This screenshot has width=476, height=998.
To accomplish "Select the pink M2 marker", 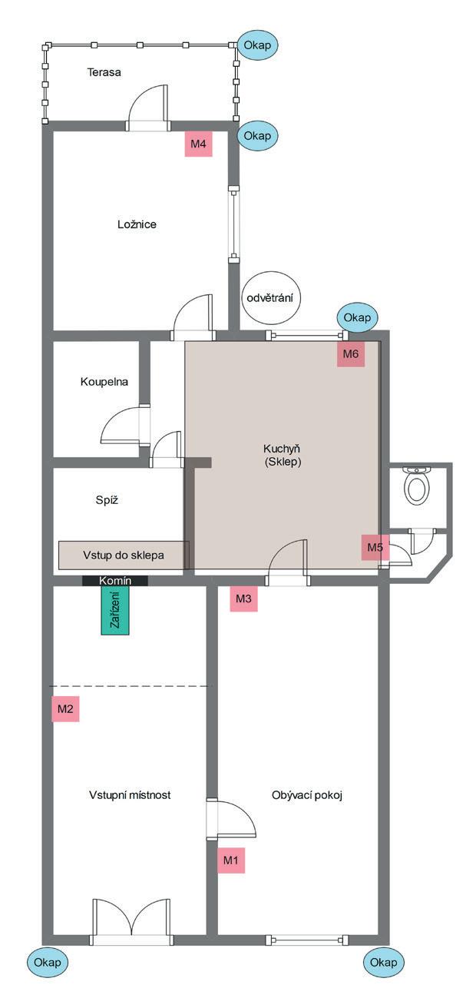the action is (x=65, y=708).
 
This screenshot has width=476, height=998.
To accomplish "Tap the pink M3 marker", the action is (x=243, y=598).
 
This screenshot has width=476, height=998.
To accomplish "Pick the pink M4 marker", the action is (x=199, y=144).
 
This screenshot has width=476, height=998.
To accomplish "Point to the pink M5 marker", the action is (x=375, y=548).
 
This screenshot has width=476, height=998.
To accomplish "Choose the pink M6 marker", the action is (x=351, y=354).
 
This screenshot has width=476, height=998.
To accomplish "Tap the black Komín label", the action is (x=115, y=581).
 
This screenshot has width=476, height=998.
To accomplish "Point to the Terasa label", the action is (x=104, y=72).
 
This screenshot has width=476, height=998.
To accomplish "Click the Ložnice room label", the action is (x=137, y=224).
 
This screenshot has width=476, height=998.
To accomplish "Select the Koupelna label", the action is (x=104, y=382).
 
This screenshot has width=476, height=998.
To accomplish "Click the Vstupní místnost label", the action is (x=130, y=795).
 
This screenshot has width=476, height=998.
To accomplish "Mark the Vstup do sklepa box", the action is (x=124, y=554).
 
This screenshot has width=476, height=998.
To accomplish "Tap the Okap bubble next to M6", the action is (x=357, y=317).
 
